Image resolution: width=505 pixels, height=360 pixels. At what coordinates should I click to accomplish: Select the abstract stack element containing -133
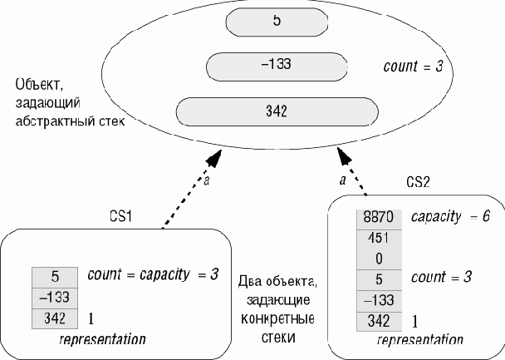[x=275, y=67]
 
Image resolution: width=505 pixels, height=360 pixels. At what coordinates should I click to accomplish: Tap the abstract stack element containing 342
[x=275, y=111]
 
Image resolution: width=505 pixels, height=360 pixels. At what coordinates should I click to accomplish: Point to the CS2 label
[x=417, y=181]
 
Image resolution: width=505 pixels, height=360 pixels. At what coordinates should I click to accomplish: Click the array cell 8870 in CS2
[x=379, y=217]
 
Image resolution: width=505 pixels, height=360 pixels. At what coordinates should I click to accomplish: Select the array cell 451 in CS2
[x=379, y=238]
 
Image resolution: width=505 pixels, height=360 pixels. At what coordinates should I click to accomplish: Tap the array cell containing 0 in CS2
[x=379, y=259]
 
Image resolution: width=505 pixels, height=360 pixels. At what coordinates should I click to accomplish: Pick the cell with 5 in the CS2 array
[x=379, y=279]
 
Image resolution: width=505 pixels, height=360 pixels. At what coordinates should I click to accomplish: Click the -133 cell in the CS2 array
[x=379, y=300]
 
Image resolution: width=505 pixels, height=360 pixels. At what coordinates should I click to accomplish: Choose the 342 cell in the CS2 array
[x=379, y=320]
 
